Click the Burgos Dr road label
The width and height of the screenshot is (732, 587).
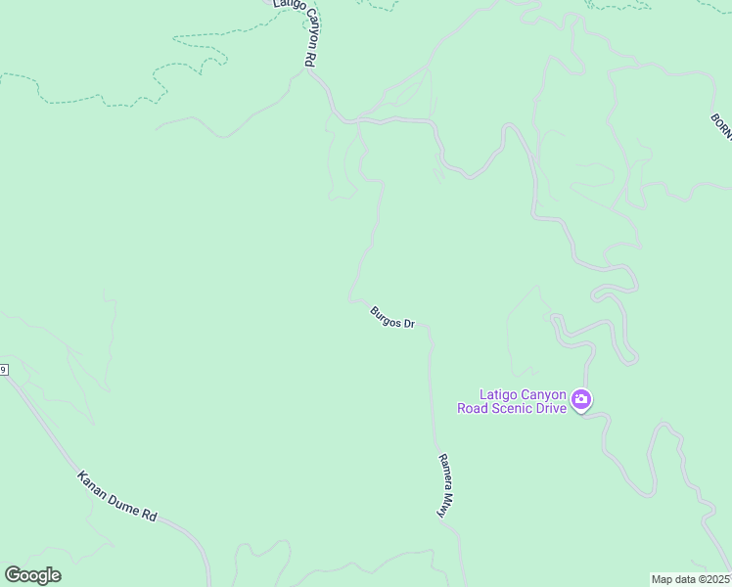[x=392, y=317]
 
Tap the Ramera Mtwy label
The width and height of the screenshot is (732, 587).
[x=446, y=483]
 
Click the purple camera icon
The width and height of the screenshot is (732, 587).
[x=581, y=399]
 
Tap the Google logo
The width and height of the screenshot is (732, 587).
[x=32, y=574]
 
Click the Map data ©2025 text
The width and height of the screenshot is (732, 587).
[x=691, y=578]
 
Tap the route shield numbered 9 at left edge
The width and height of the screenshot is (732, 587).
[x=3, y=370]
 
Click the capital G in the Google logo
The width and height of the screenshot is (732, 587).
[x=13, y=574]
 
